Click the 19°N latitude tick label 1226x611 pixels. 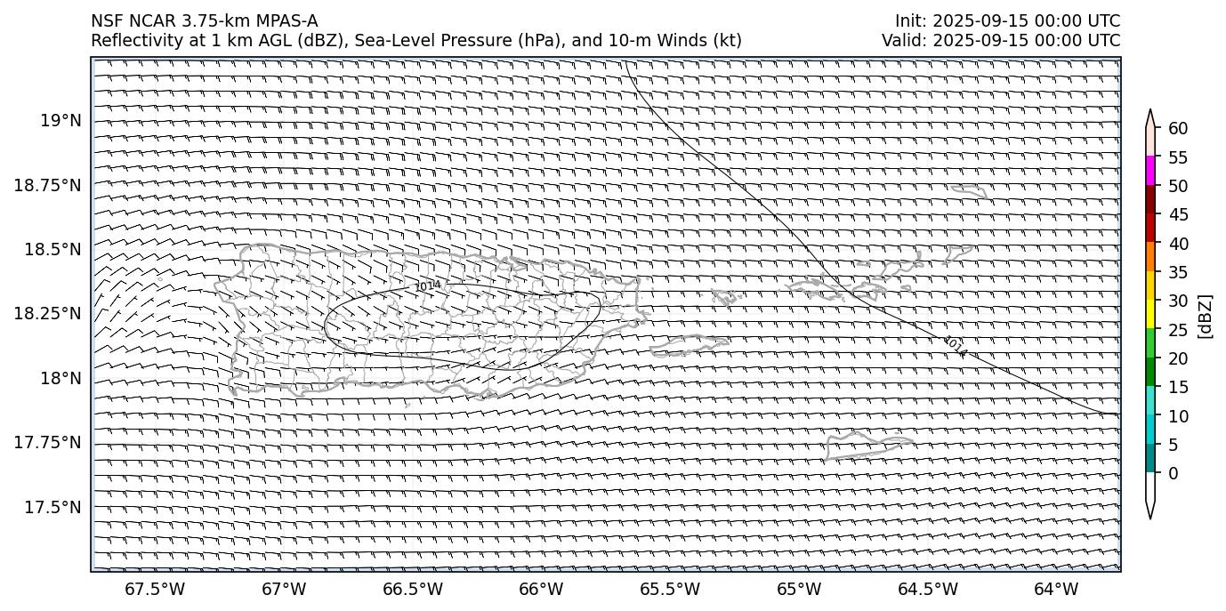[x=61, y=120]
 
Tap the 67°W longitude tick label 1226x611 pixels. [x=285, y=590]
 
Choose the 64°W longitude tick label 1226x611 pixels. [x=1056, y=590]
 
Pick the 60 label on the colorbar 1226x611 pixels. [x=1178, y=128]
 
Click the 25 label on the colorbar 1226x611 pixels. [x=1178, y=329]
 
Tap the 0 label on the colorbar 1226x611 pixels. [x=1174, y=473]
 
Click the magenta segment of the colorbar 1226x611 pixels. [x=1150, y=171]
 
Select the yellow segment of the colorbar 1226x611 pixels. [x=1150, y=314]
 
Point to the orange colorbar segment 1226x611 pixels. [x=1150, y=256]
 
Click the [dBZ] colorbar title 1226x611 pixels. [x=1206, y=316]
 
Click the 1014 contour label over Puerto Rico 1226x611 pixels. [x=428, y=285]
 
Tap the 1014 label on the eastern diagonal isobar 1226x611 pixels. [x=955, y=346]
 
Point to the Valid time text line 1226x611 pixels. [x=1001, y=40]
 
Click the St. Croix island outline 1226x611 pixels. [x=867, y=443]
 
